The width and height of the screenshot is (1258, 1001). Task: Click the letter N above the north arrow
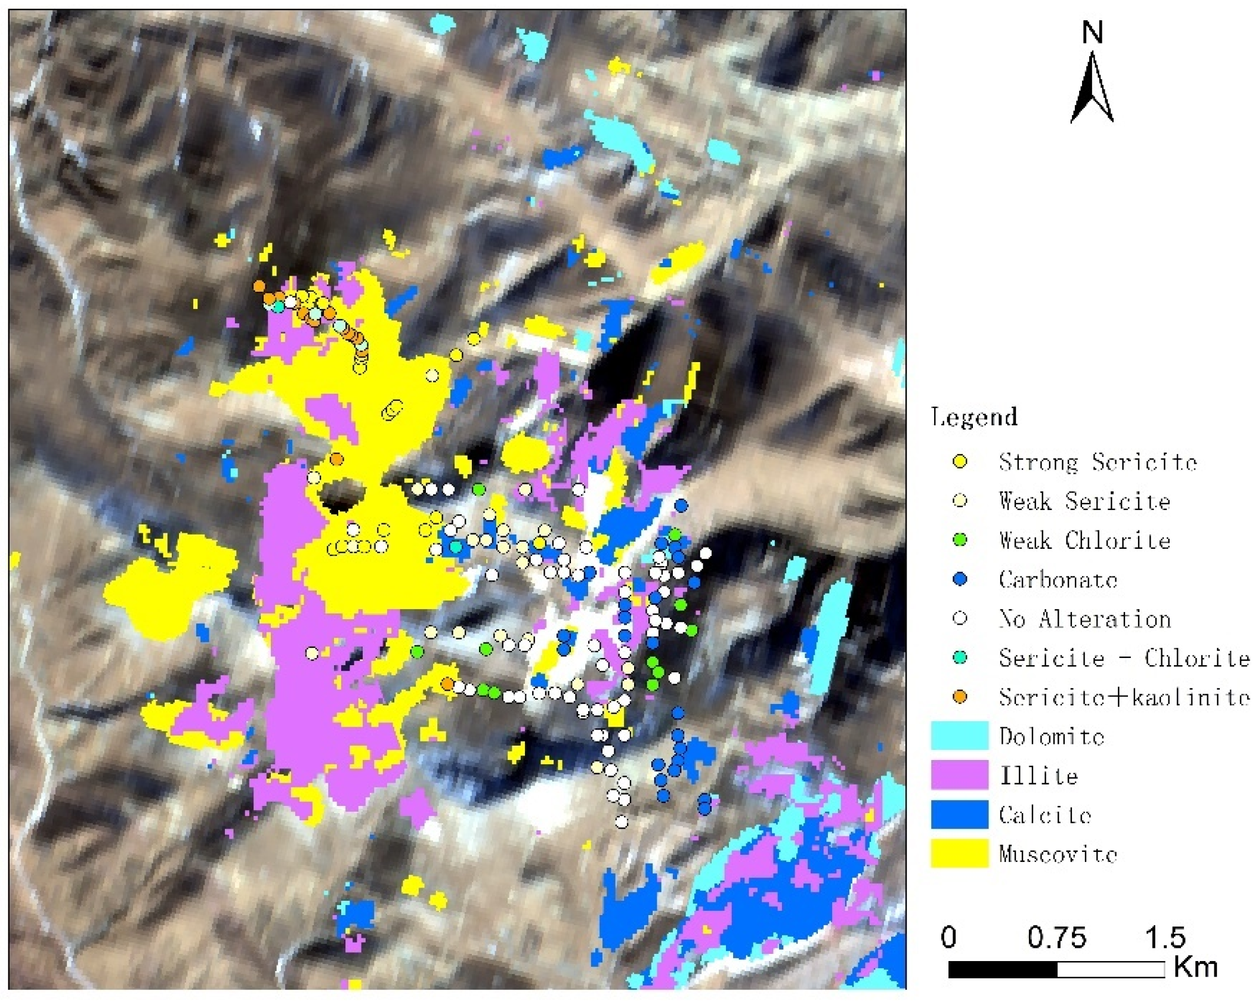pyautogui.click(x=1092, y=32)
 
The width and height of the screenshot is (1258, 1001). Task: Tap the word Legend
pyautogui.click(x=974, y=417)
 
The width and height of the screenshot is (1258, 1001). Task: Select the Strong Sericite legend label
pyautogui.click(x=1098, y=462)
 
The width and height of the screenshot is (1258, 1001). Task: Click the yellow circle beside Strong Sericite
pyautogui.click(x=960, y=461)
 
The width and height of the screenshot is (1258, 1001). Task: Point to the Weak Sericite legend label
pyautogui.click(x=1084, y=501)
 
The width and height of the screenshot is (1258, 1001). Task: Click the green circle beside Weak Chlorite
pyautogui.click(x=960, y=540)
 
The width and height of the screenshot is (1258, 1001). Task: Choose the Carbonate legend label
pyautogui.click(x=1058, y=579)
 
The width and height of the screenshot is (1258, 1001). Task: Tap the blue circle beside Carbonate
pyautogui.click(x=960, y=579)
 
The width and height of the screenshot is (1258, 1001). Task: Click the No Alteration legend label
pyautogui.click(x=1085, y=619)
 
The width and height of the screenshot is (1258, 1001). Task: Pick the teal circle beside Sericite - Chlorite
pyautogui.click(x=960, y=657)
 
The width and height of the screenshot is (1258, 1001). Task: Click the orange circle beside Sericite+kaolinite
pyautogui.click(x=960, y=696)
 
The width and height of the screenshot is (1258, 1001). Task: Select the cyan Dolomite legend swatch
pyautogui.click(x=959, y=736)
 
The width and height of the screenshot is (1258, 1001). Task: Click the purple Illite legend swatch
pyautogui.click(x=959, y=775)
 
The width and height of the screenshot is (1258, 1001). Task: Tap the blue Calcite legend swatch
pyautogui.click(x=959, y=814)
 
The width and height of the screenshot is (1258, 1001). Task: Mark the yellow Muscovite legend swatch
pyautogui.click(x=959, y=854)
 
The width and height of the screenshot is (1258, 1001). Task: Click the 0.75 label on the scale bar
pyautogui.click(x=1056, y=937)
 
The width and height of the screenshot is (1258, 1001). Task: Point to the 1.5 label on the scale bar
pyautogui.click(x=1165, y=937)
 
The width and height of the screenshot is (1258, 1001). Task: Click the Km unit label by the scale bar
pyautogui.click(x=1195, y=966)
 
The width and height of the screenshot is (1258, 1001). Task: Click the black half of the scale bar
pyautogui.click(x=1003, y=969)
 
